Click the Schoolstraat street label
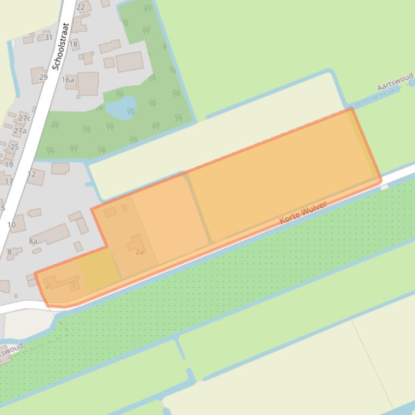pyautogui.click(x=62, y=46)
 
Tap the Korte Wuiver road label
pyautogui.click(x=303, y=212)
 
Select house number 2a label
pyautogui.click(x=140, y=252)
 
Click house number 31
pyautogui.click(x=49, y=37)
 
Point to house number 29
pyautogui.click(x=44, y=77)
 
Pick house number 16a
pyautogui.click(x=68, y=80)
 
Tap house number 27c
pyautogui.click(x=24, y=118)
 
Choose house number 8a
pyautogui.click(x=33, y=241)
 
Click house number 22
pyautogui.click(x=81, y=7)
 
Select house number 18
pyautogui.click(x=73, y=44)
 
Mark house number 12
pyautogui.click(x=31, y=174)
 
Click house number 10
pyautogui.click(x=11, y=225)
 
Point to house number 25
pyautogui.click(x=15, y=147)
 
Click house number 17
pyautogui.click(x=9, y=181)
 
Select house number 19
pyautogui.click(x=9, y=164)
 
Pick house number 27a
pyautogui.click(x=20, y=130)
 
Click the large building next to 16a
pyautogui.click(x=87, y=84)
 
